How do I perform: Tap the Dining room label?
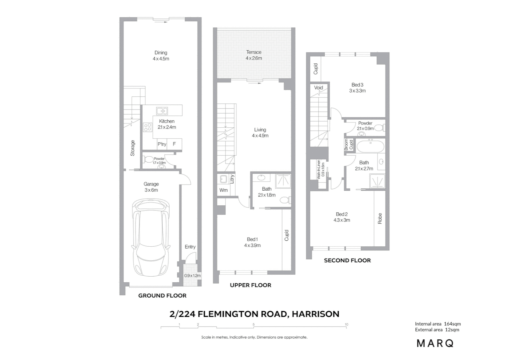(x=161, y=53)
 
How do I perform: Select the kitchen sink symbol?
(x=162, y=111)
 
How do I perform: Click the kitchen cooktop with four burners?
(x=148, y=127)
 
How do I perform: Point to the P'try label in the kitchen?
(x=162, y=144)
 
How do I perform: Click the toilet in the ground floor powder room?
(x=148, y=159)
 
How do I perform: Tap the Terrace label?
(x=254, y=52)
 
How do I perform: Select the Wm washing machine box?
(x=224, y=190)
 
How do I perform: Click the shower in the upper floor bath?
(x=283, y=181)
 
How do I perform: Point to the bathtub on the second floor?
(x=370, y=146)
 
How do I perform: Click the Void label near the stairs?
(x=318, y=88)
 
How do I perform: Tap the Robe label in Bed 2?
(x=380, y=219)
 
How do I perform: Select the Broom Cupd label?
(x=348, y=145)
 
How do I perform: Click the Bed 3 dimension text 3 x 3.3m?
(x=357, y=91)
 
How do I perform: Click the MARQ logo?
(x=435, y=343)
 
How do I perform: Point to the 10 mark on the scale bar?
(x=346, y=325)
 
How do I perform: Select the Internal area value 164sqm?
(x=452, y=324)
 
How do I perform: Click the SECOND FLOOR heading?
(x=347, y=260)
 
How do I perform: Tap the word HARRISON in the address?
(x=315, y=314)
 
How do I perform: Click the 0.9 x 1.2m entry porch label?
(x=193, y=276)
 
